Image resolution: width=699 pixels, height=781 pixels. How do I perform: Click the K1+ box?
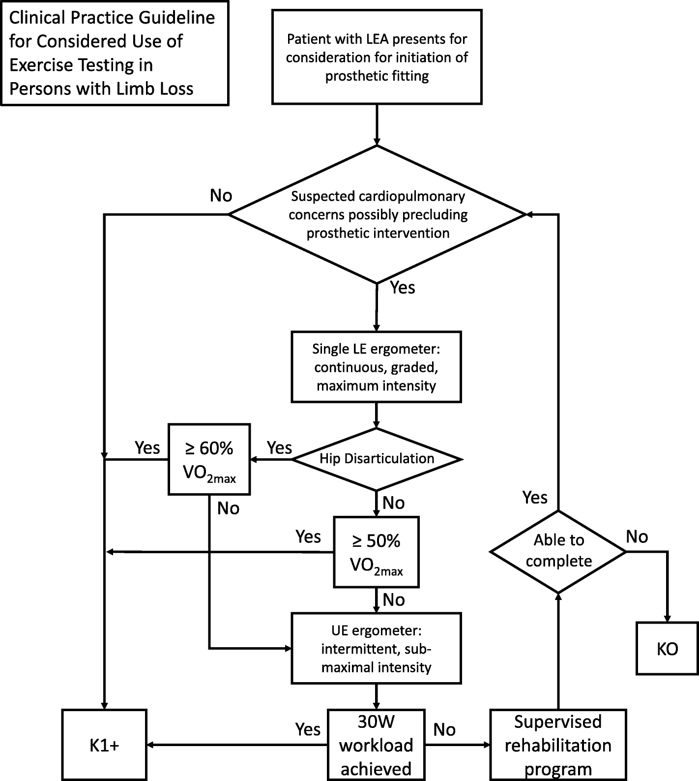[104, 745]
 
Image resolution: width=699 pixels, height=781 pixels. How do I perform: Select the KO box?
[667, 648]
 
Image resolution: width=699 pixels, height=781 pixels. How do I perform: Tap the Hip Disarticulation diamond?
[377, 459]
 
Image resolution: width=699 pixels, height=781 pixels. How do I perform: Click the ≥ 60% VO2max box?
[209, 459]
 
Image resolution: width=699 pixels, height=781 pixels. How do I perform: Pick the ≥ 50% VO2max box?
[376, 552]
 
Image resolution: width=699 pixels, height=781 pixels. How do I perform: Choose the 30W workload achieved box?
[376, 745]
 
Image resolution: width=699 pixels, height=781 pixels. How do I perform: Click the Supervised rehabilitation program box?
[558, 745]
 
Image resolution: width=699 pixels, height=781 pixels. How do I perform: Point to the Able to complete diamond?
[558, 551]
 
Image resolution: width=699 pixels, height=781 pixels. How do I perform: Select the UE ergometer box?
[376, 648]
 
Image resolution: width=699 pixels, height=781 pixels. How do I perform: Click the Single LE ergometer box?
[376, 367]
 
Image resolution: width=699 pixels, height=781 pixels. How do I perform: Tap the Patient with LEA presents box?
[377, 57]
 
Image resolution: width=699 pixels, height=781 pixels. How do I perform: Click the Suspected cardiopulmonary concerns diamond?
[378, 214]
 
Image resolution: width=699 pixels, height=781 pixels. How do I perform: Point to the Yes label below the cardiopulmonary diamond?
[402, 288]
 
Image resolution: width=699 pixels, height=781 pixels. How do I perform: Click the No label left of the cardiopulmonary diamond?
[221, 196]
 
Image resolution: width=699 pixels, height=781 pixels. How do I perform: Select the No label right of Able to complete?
[637, 537]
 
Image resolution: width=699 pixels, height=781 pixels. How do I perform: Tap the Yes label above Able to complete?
[535, 498]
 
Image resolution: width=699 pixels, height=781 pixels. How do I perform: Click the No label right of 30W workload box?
[444, 730]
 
